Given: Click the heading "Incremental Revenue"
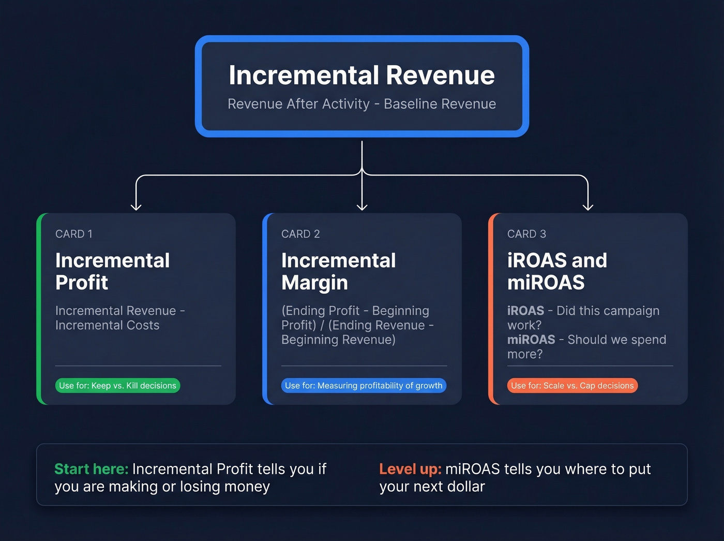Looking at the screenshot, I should tap(361, 75).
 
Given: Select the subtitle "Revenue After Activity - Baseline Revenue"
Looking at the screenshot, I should tap(361, 104).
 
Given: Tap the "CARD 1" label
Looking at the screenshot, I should tap(74, 234).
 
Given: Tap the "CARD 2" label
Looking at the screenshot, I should tap(300, 234).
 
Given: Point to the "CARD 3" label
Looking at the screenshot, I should tap(526, 234).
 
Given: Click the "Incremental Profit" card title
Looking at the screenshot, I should tap(112, 271).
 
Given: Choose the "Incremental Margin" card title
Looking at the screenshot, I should tap(338, 271).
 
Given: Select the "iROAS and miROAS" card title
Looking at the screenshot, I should tap(557, 271).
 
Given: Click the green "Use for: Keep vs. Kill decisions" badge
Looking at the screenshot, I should tap(117, 386).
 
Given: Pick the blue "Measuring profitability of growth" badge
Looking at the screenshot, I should tap(364, 386).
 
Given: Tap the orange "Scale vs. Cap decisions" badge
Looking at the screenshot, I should tap(572, 386).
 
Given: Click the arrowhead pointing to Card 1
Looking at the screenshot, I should tap(136, 207).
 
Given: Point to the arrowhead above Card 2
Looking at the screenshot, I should tap(362, 207).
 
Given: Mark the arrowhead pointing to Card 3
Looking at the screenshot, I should tap(588, 207).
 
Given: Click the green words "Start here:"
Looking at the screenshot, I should tap(91, 469).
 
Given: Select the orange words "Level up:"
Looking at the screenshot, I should tap(410, 469).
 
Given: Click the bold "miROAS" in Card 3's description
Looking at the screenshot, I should tap(531, 340).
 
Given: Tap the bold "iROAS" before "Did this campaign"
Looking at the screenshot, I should tap(525, 311).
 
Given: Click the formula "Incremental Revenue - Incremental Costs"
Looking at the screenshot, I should tap(119, 318).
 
